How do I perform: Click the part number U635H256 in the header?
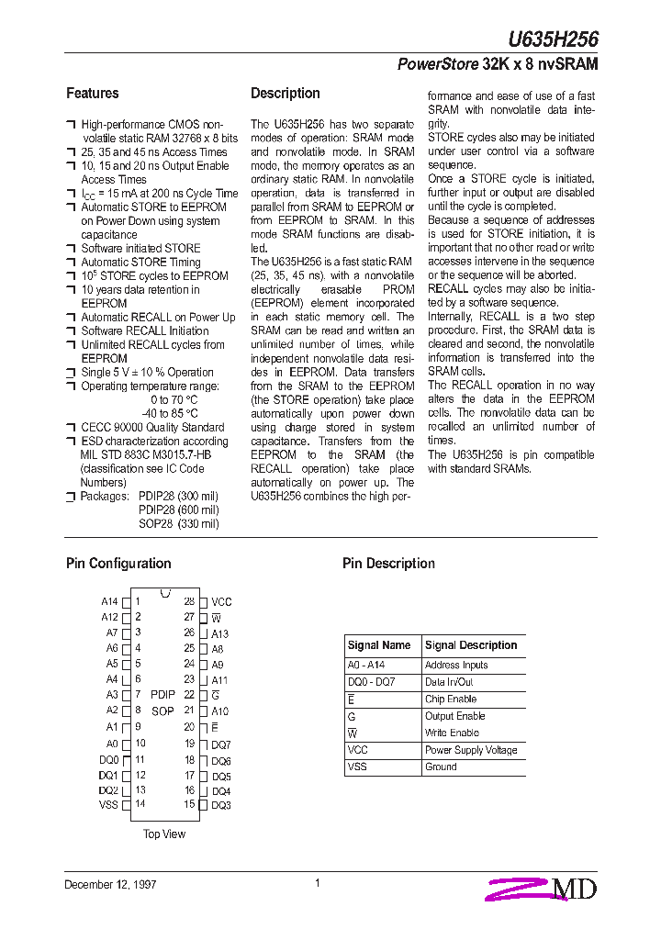tap(554, 39)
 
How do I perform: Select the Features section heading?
tap(92, 94)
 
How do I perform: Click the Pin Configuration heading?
tap(118, 564)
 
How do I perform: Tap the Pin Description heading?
tap(388, 564)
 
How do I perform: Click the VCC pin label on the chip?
tap(221, 602)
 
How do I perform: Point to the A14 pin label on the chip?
tap(109, 602)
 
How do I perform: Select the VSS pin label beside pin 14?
tap(108, 805)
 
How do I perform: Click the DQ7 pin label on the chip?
tap(221, 744)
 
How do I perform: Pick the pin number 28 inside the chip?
tap(189, 601)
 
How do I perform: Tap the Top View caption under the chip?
tap(164, 834)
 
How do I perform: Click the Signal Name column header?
tap(379, 645)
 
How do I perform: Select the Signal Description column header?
tap(471, 645)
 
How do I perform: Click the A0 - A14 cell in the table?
tap(366, 666)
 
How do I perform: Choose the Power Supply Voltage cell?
tap(471, 750)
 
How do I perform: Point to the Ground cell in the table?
tap(441, 767)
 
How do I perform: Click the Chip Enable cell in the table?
tap(450, 700)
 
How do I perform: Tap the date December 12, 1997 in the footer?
tap(110, 884)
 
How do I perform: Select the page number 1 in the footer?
tap(317, 883)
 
